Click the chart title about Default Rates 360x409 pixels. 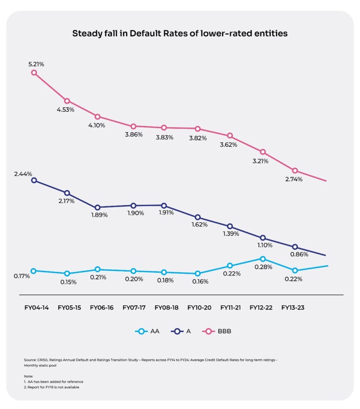point(180,34)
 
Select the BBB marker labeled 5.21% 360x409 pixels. point(34,73)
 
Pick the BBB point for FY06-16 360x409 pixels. point(98,117)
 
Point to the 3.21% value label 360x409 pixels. point(259,161)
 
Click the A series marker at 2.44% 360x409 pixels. point(34,180)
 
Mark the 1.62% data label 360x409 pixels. point(199,224)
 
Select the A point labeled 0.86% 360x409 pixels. point(295,247)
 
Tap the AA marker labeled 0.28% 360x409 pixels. point(262,259)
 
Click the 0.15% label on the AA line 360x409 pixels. point(68,282)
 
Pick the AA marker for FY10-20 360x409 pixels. point(197,274)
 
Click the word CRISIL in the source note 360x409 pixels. point(41,360)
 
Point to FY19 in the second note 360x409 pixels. point(47,387)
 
